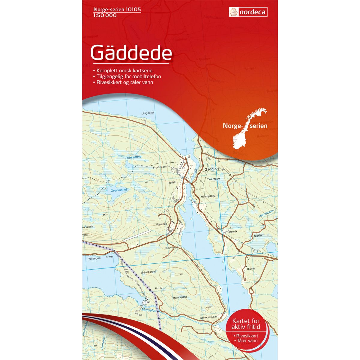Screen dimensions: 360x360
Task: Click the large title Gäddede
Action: coord(131,53)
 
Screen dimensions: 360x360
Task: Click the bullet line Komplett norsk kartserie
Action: coord(124,70)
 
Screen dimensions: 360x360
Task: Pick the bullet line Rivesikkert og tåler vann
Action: coord(125,82)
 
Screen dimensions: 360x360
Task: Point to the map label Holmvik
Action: coord(232,232)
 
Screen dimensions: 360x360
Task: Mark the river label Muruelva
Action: coord(149,310)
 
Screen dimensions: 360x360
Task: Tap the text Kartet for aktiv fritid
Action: coord(248,323)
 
